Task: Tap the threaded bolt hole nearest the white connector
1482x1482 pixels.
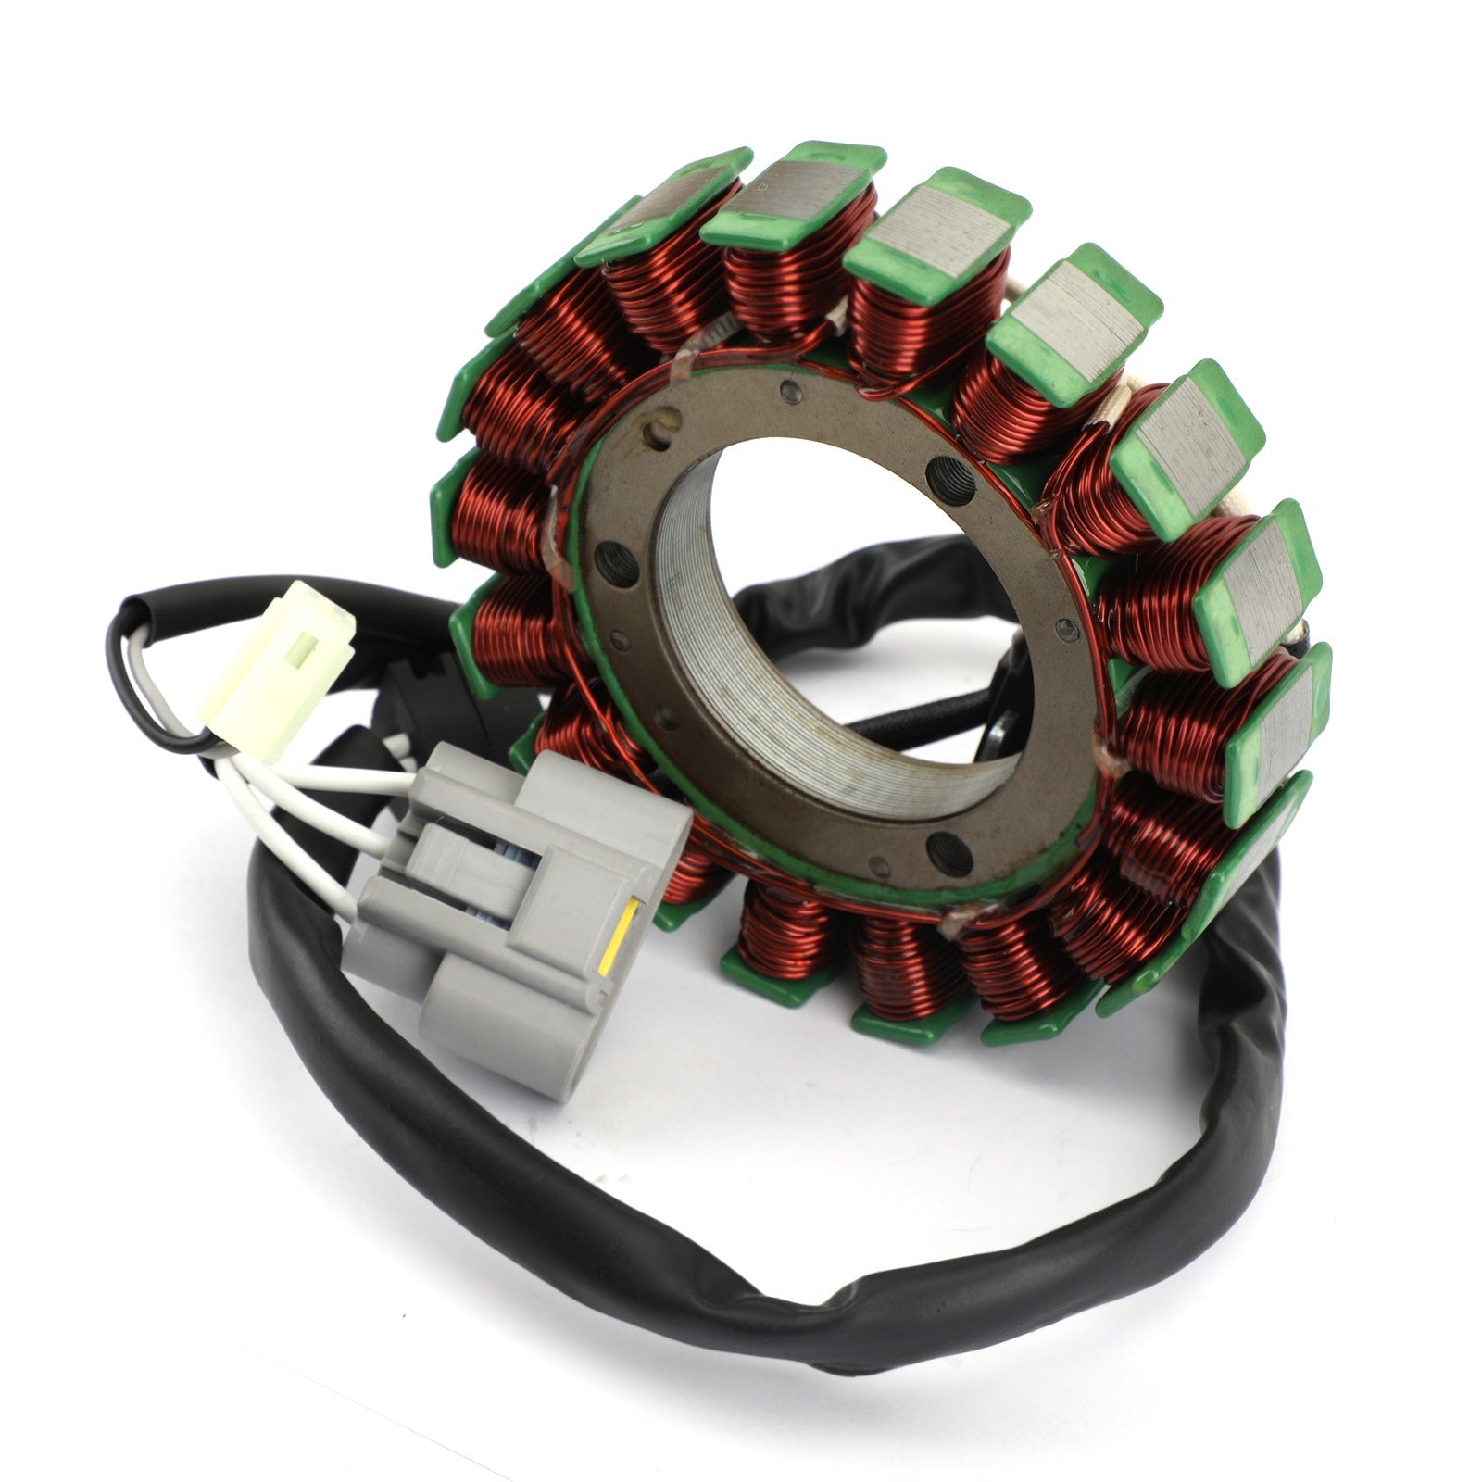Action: coord(612,560)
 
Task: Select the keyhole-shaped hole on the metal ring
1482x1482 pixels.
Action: coord(661,428)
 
